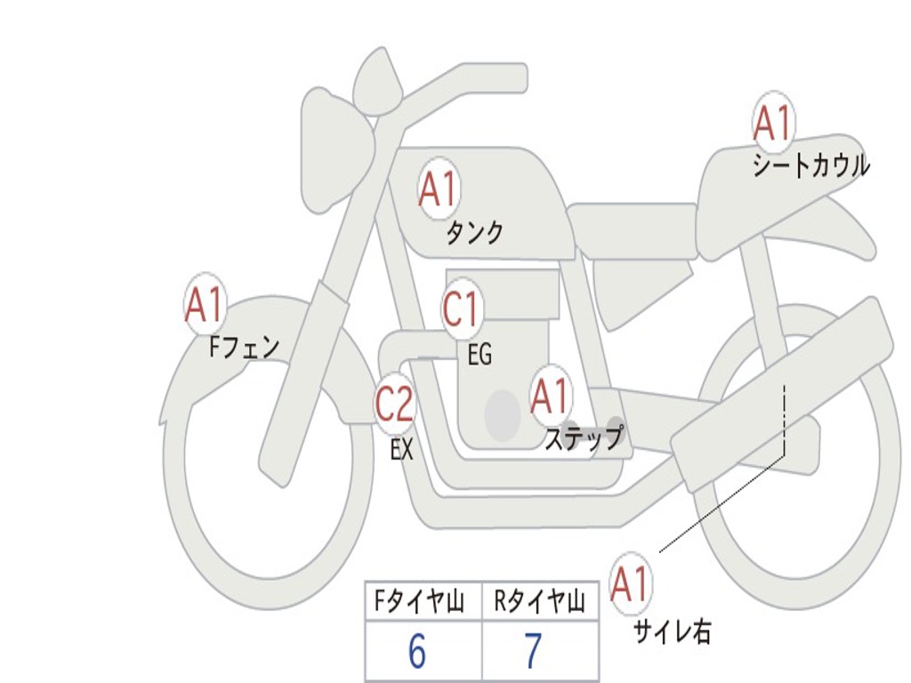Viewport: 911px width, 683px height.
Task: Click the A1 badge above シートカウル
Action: (x=772, y=124)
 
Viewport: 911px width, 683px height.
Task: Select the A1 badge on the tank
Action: (x=438, y=189)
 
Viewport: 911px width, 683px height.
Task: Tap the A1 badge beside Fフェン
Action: (x=205, y=305)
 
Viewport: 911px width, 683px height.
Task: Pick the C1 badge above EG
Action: (x=461, y=310)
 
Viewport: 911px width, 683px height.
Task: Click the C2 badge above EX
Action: (x=394, y=406)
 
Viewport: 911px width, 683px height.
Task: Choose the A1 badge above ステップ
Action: (x=550, y=396)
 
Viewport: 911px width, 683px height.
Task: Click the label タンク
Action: (x=474, y=233)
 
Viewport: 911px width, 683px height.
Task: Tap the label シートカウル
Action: (x=810, y=166)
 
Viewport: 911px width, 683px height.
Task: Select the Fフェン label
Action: (x=244, y=346)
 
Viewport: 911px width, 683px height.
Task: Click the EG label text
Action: (x=480, y=356)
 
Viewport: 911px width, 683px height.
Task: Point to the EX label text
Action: (x=402, y=450)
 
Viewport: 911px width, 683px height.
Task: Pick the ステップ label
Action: (x=584, y=438)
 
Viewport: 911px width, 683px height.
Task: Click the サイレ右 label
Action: (x=673, y=631)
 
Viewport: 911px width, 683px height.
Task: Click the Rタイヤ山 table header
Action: (x=539, y=603)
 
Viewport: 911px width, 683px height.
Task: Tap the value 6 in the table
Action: (x=417, y=653)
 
